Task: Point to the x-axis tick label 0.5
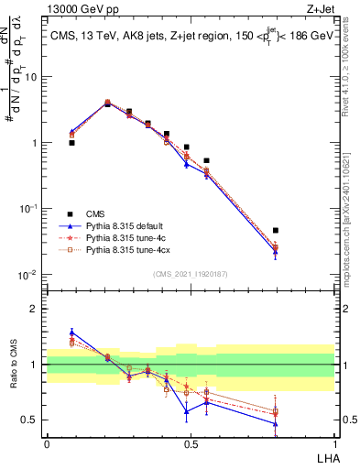pos(191,443)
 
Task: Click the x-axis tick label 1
pos(334,443)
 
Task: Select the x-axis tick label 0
pos(46,443)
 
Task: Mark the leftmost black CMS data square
pos(71,143)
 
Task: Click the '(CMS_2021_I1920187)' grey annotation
pos(190,273)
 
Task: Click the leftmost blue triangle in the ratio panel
pos(71,333)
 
